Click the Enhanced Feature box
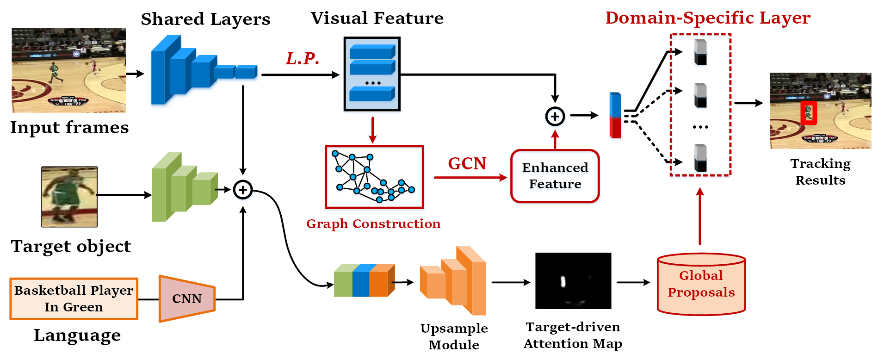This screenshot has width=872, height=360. point(555,176)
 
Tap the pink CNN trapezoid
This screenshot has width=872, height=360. point(187,298)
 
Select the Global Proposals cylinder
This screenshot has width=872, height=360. point(701,284)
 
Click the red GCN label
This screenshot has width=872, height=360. point(467,163)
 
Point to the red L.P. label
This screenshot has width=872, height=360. point(303,59)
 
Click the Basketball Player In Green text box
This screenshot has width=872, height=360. point(74,298)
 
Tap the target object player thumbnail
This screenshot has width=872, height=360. point(69,197)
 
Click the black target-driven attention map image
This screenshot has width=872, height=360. point(573,280)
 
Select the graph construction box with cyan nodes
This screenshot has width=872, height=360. point(374,177)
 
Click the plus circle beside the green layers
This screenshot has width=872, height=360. point(243,190)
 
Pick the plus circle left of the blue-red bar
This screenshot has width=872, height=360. point(555,116)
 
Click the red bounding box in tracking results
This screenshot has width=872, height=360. point(809,113)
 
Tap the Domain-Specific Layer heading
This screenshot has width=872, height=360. point(708,18)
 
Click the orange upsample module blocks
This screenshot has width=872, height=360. point(453,280)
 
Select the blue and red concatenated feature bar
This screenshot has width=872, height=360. point(615,115)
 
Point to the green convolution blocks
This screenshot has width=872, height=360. point(185,187)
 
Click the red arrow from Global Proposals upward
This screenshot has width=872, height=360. point(700,216)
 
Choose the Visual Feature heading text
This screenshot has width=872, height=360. point(377,18)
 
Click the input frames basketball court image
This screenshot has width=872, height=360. point(68,70)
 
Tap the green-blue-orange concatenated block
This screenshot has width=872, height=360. point(365,280)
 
